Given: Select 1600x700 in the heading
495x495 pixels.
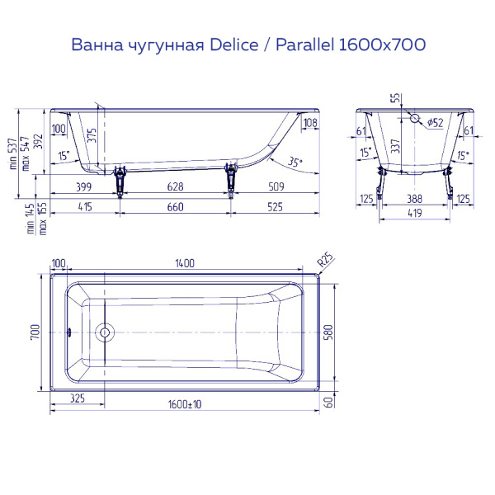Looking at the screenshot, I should click(x=380, y=45).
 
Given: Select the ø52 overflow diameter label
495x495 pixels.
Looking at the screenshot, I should click(x=435, y=123).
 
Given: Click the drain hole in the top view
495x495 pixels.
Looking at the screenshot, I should click(x=105, y=333).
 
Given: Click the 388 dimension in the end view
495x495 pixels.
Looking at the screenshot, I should click(x=414, y=198).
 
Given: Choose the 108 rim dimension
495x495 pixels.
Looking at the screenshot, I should click(x=309, y=125).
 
